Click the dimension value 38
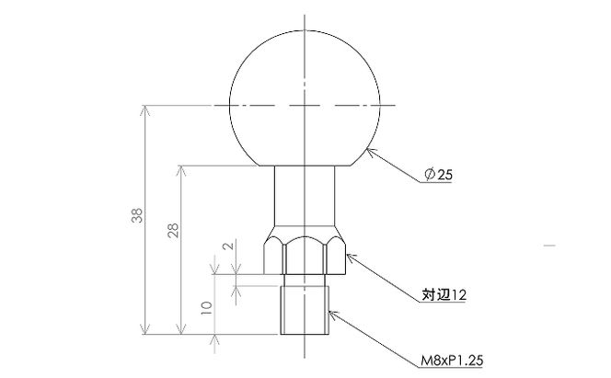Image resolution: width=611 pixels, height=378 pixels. [137, 215]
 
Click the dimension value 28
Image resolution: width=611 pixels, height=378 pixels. [173, 231]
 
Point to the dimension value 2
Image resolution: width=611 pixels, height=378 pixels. [228, 246]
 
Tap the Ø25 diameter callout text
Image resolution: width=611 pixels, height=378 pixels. [439, 175]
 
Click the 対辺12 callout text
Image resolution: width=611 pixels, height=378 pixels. [444, 294]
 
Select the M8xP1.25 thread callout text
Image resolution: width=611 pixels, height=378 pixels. [452, 361]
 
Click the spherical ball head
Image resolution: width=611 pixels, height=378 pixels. [305, 98]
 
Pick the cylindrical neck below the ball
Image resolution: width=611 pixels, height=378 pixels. [305, 196]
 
